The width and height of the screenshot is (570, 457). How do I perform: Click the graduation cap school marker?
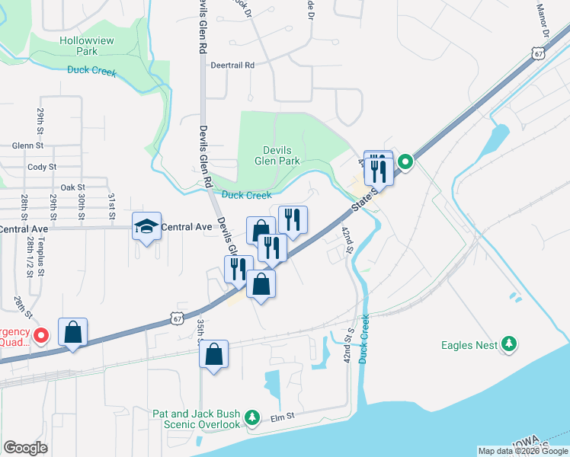click(x=146, y=225)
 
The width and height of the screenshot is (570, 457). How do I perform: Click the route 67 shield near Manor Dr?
click(x=539, y=53)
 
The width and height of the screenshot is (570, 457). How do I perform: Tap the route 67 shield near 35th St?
click(x=177, y=315)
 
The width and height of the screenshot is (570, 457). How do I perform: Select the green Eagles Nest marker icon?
click(x=508, y=345)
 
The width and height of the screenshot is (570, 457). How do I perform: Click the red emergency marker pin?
click(x=42, y=335)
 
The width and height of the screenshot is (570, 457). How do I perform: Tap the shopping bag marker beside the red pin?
click(x=72, y=333)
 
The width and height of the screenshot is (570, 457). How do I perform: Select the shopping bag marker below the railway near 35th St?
click(x=214, y=354)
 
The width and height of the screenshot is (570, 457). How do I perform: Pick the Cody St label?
click(x=41, y=167)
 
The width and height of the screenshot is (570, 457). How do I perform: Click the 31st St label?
click(x=111, y=205)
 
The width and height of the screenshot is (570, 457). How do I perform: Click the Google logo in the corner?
click(x=25, y=448)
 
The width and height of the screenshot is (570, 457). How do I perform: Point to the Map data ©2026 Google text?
click(x=523, y=451)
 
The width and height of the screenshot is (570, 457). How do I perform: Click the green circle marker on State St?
click(x=405, y=161)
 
